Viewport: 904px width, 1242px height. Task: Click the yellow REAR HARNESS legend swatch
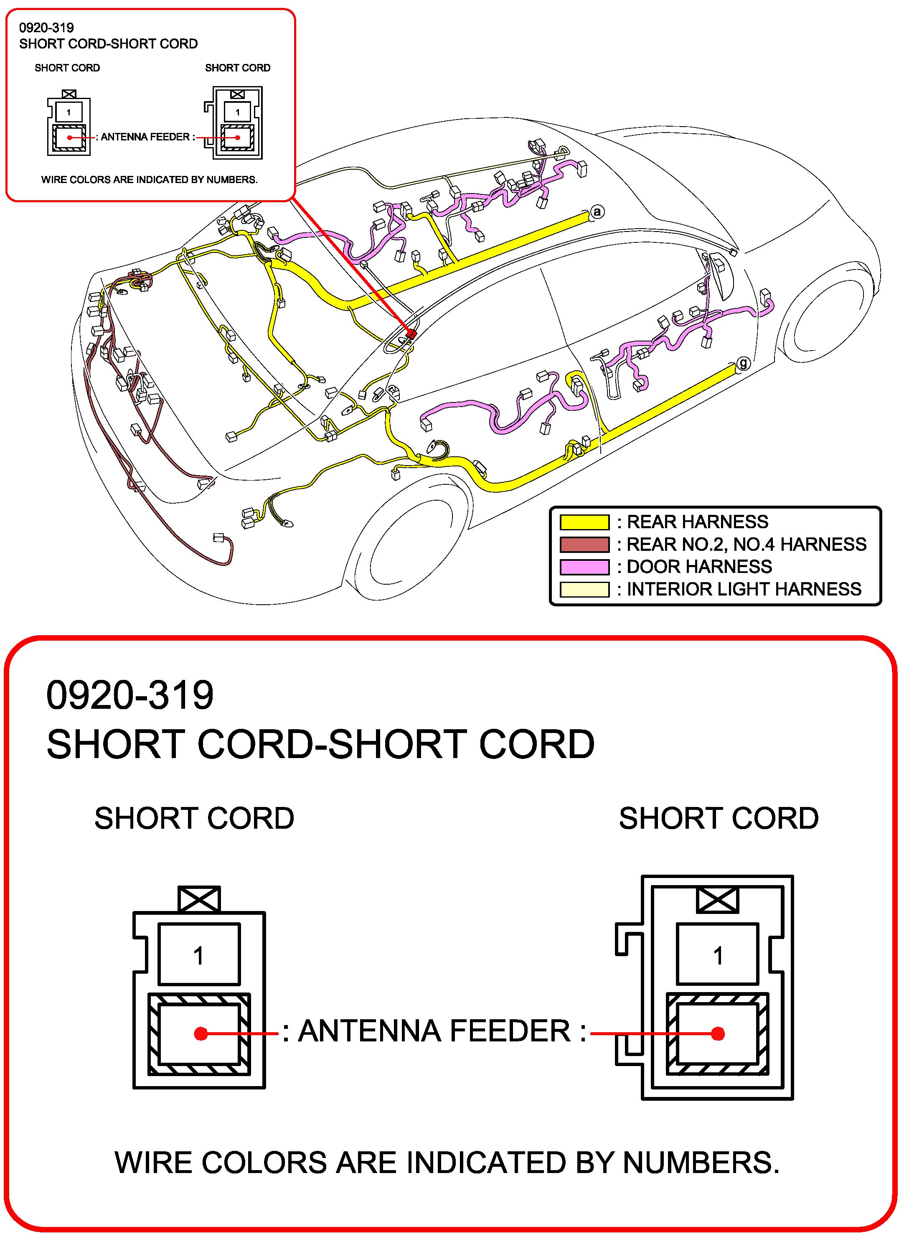click(x=584, y=522)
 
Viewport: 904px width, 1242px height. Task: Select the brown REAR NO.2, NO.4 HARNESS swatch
click(x=584, y=545)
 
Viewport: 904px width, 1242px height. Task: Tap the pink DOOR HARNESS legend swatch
click(x=584, y=567)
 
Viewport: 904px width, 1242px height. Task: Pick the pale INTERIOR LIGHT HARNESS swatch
click(x=584, y=589)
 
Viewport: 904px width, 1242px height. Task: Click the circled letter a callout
click(x=597, y=211)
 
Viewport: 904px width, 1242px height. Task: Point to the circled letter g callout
click(x=743, y=363)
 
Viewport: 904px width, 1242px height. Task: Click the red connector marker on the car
click(x=411, y=333)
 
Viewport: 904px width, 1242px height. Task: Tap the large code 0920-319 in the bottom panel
click(x=130, y=695)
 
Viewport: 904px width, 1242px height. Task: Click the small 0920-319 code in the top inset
click(x=46, y=28)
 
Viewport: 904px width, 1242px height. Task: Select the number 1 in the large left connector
click(x=199, y=956)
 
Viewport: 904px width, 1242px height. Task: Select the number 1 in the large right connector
click(x=718, y=956)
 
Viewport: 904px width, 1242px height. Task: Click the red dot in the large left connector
click(x=201, y=1033)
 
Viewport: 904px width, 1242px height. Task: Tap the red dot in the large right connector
click(x=718, y=1033)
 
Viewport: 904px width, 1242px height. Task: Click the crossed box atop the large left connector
click(x=199, y=899)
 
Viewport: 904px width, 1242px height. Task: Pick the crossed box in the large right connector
click(x=717, y=900)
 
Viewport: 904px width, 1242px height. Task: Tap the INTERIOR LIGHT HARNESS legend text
click(x=744, y=589)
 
